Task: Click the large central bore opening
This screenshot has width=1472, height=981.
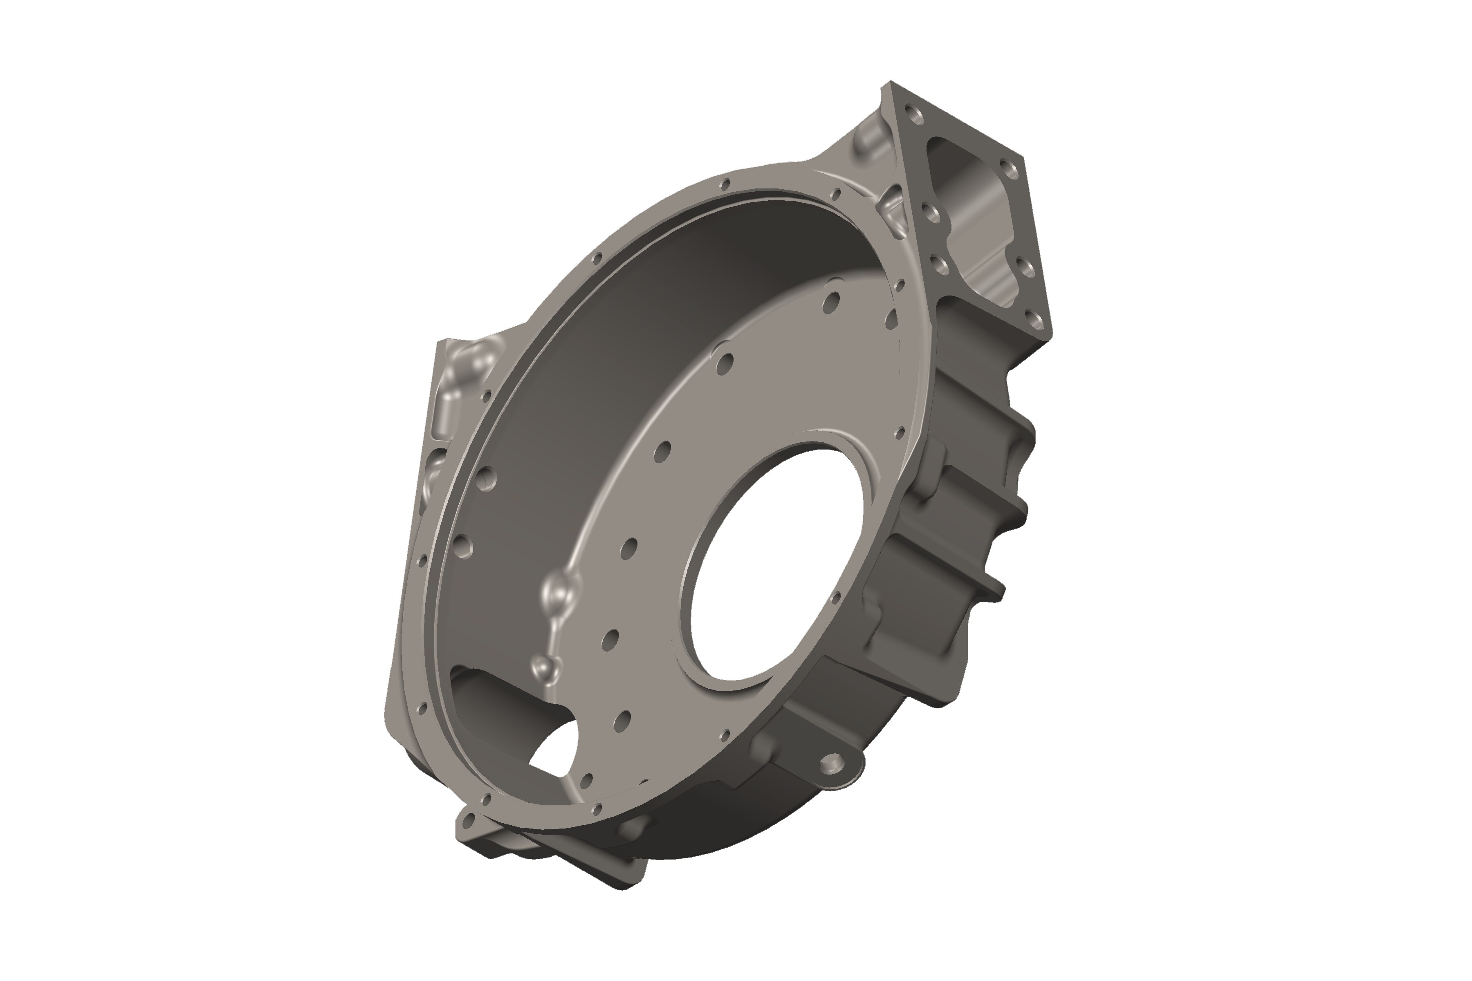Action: (776, 566)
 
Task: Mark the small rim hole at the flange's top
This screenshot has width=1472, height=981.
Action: (725, 184)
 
